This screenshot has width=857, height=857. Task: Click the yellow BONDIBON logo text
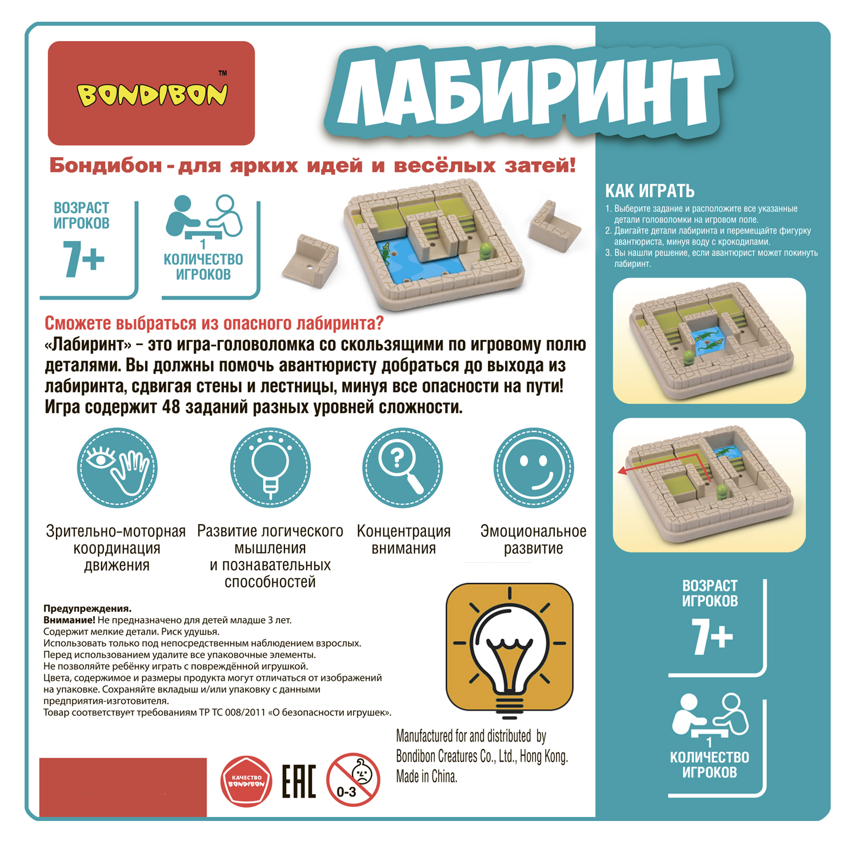pos(152,95)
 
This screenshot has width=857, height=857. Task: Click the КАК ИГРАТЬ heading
pos(650,191)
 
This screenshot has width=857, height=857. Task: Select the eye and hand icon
pos(117,468)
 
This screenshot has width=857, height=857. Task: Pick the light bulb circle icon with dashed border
pos(270,468)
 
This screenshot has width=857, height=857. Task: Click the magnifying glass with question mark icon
pos(403,468)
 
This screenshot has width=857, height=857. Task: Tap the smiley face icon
pos(534,468)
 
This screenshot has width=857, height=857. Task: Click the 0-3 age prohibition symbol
pos(353,780)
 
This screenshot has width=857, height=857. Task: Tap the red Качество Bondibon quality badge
pos(246,781)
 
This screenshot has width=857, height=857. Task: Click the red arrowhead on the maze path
pos(623,471)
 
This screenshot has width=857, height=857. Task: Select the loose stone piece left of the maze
pos(310,261)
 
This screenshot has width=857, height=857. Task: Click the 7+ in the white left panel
pos(83,259)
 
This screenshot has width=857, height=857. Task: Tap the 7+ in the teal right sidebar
pos(712,636)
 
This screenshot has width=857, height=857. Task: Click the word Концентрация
pos(404,531)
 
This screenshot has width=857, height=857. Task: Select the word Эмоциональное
pos(534,531)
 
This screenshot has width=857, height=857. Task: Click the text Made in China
pos(427,776)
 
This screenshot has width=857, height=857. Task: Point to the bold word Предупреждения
pos(87,609)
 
